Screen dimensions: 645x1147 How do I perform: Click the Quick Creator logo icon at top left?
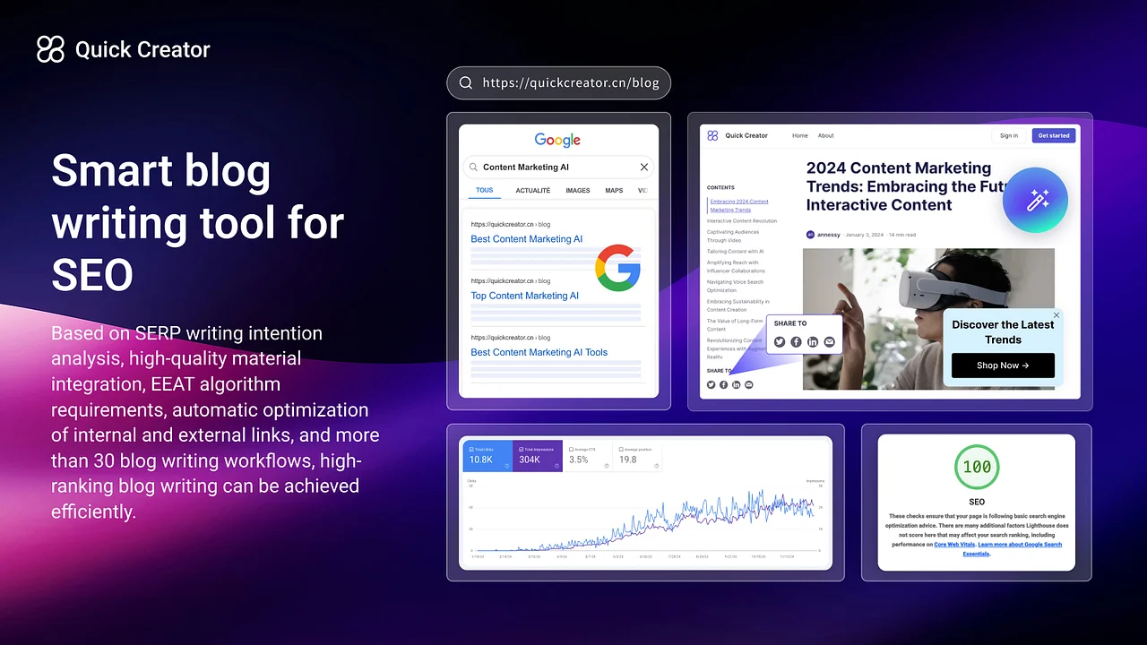tap(50, 49)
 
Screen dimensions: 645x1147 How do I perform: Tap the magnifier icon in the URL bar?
tap(466, 83)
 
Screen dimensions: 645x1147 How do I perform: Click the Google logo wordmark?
tap(557, 140)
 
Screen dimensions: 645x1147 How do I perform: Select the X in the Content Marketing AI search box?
tap(643, 168)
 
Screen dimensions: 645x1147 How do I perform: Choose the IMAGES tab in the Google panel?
tap(577, 191)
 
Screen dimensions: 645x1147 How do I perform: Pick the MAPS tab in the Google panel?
tap(614, 191)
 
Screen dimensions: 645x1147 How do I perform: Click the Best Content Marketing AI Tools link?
tap(539, 352)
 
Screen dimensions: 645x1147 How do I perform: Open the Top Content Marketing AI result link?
tap(524, 296)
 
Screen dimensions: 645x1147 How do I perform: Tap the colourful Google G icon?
tap(617, 267)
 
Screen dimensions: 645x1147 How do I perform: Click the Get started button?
tap(1053, 135)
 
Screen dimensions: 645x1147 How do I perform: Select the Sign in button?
tap(1008, 135)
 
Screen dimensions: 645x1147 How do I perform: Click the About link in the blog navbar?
tap(825, 136)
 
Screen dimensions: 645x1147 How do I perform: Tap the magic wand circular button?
tap(1035, 200)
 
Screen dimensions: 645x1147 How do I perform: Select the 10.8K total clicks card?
tap(487, 456)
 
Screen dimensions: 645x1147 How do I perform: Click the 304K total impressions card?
tap(538, 456)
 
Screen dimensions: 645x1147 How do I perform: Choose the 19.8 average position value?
tap(627, 460)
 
